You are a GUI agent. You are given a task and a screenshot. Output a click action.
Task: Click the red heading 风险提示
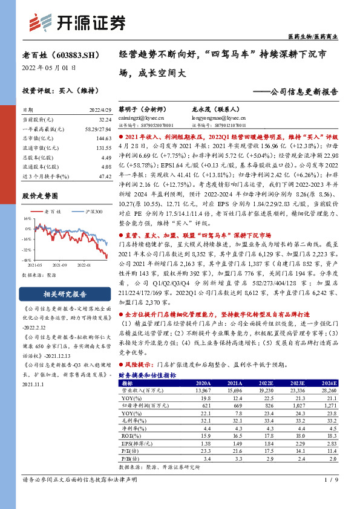pos(138,365)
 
